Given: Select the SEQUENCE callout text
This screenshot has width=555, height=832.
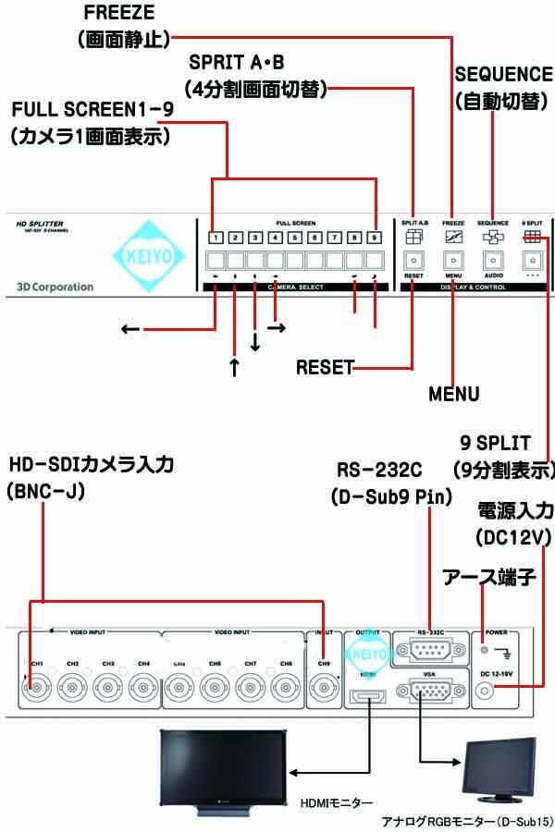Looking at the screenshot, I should pos(500,74).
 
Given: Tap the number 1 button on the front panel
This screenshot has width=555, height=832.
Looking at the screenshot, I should pos(214,237).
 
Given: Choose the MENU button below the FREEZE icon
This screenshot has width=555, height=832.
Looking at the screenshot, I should pos(453,261).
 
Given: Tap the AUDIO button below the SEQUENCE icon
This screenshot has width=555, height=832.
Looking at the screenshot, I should pos(493,261).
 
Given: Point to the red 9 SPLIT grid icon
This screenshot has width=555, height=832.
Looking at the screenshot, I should pos(534,237).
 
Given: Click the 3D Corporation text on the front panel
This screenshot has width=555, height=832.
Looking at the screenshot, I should pos(55,287).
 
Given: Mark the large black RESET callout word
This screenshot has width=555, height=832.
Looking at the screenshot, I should pos(324,368).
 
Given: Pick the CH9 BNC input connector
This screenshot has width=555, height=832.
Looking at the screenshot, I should pos(323,688).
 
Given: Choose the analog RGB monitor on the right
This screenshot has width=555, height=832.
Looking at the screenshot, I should pos(499,769).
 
